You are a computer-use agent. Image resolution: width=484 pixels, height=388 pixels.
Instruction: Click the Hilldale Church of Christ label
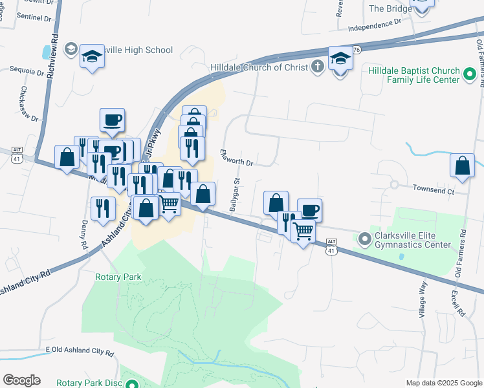click(x=259, y=67)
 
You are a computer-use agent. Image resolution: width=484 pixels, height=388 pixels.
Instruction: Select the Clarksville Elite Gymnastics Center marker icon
click(x=364, y=239)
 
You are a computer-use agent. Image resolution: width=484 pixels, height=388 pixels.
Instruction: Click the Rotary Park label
click(x=118, y=277)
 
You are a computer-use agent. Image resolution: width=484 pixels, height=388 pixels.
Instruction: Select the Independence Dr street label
click(x=375, y=26)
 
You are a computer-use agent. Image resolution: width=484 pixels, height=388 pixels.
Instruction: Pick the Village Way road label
click(x=423, y=299)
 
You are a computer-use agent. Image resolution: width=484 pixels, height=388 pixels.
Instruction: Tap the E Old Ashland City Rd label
click(x=80, y=354)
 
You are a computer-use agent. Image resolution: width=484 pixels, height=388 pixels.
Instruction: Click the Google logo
click(x=21, y=380)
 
